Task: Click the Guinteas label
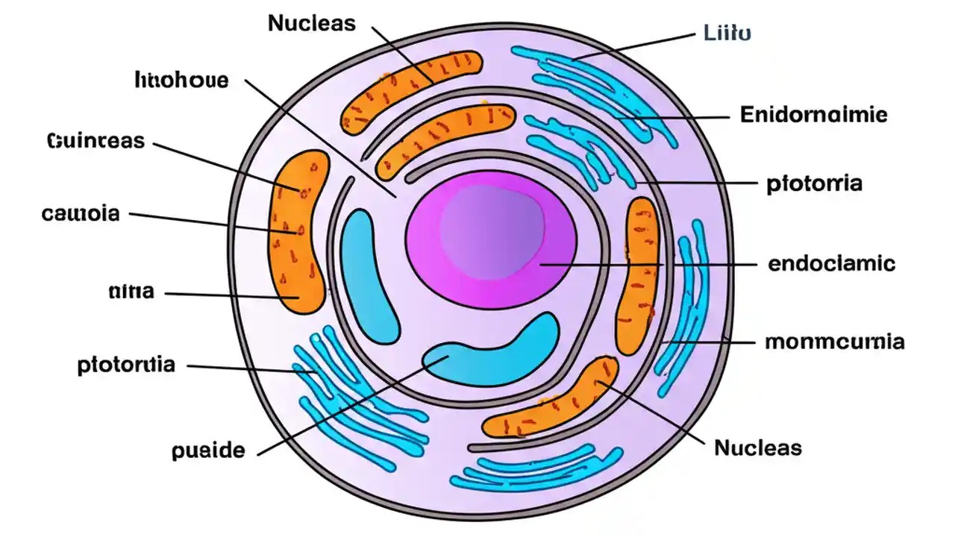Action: click(95, 140)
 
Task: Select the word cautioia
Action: click(81, 214)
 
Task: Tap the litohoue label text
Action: click(181, 80)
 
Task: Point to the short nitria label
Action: click(131, 292)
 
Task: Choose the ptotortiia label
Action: click(127, 365)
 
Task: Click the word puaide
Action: click(207, 450)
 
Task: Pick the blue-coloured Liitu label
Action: click(727, 33)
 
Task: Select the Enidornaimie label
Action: click(813, 115)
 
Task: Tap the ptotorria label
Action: click(814, 183)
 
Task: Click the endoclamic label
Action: click(831, 263)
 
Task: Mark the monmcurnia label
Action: click(835, 342)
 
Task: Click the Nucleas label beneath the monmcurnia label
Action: click(758, 447)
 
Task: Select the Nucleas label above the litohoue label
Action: click(311, 23)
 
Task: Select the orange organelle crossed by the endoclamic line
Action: click(639, 276)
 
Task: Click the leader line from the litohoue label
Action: click(321, 138)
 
